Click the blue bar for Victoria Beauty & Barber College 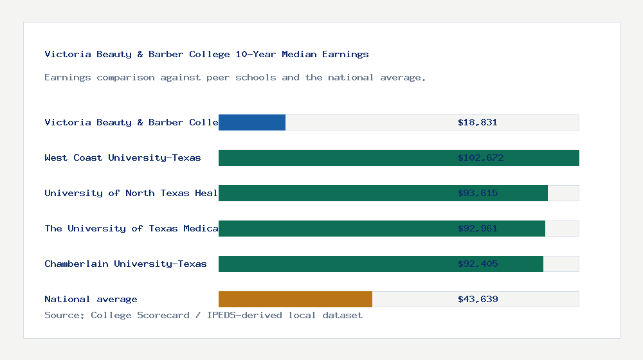pos(252,122)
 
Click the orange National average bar pos(295,299)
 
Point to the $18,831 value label pos(478,122)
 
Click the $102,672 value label pos(480,157)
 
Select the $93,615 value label pos(478,193)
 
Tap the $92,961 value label pos(478,228)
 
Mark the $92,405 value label pos(478,264)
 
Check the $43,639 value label pos(478,299)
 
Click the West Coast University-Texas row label pos(123,157)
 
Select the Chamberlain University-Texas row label pos(125,264)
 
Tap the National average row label pos(91,299)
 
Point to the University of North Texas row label pos(131,193)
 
